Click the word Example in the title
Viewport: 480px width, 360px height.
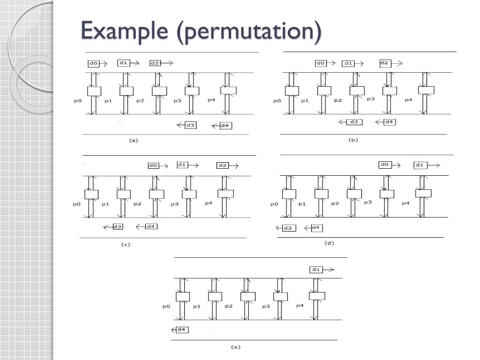(125, 31)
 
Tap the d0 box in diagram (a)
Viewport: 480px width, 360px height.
(93, 63)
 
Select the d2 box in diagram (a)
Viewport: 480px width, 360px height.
(155, 63)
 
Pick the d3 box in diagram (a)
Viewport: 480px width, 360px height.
(190, 125)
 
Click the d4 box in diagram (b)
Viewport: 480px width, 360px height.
(389, 122)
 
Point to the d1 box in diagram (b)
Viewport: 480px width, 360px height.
(348, 63)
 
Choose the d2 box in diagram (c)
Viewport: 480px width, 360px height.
(223, 165)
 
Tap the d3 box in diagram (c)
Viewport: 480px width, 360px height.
(118, 227)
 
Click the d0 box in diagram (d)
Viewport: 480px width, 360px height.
(385, 165)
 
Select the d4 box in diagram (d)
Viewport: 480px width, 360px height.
(316, 228)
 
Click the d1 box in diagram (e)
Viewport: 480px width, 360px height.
(316, 270)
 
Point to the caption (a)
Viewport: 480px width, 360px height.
(134, 140)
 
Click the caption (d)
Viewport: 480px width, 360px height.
(329, 243)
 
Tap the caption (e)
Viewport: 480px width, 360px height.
(235, 347)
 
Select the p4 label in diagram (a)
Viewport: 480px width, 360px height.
(211, 100)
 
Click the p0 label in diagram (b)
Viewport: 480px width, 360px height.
(277, 101)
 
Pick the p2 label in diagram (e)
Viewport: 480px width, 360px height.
(228, 306)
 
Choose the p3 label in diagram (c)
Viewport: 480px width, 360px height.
(174, 204)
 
